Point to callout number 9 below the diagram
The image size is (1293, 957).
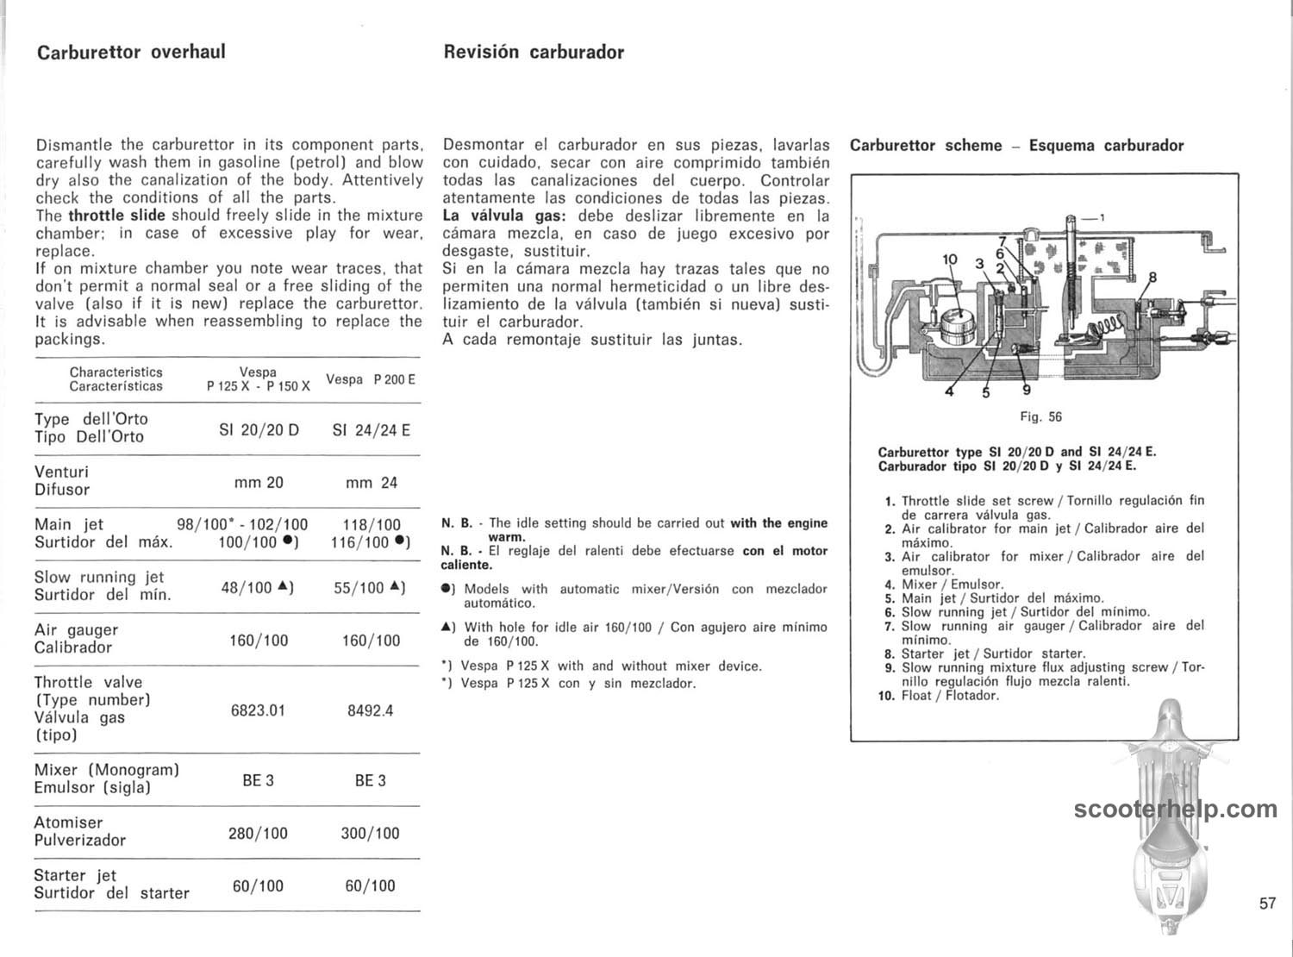1026,387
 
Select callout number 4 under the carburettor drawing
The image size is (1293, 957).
950,392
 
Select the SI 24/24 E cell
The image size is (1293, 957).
371,428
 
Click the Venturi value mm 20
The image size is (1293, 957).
259,482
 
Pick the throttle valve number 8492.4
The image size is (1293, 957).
371,711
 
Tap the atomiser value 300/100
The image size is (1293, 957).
371,834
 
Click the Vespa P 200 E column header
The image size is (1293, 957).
371,379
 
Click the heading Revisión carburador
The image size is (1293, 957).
534,52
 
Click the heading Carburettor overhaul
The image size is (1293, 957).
131,52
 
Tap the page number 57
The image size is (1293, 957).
1266,904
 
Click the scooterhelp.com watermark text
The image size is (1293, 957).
1176,810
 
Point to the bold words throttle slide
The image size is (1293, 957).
118,216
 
